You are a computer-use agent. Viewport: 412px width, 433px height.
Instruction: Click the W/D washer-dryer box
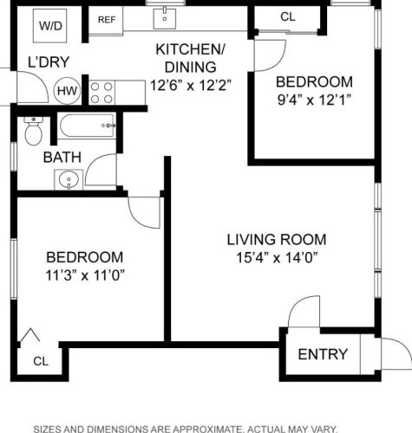pyautogui.click(x=50, y=26)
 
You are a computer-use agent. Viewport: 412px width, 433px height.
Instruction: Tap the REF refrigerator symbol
pyautogui.click(x=106, y=20)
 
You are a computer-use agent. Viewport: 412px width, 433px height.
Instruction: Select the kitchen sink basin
pyautogui.click(x=165, y=18)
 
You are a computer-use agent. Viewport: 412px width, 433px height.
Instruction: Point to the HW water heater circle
pyautogui.click(x=67, y=91)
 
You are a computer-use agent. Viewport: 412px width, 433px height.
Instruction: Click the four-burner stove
pyautogui.click(x=101, y=93)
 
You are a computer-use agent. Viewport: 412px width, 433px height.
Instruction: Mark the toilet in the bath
pyautogui.click(x=34, y=131)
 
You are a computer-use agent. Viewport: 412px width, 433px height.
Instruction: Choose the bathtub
pyautogui.click(x=87, y=126)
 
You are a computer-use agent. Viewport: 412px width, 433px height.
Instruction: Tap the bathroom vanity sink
pyautogui.click(x=69, y=179)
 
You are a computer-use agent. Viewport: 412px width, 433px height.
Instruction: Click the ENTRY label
pyautogui.click(x=323, y=354)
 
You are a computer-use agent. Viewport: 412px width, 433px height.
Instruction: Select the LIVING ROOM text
pyautogui.click(x=277, y=240)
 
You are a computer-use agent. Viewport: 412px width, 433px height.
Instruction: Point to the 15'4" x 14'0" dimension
pyautogui.click(x=277, y=257)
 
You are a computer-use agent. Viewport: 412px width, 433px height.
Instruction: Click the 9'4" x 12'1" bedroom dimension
pyautogui.click(x=314, y=100)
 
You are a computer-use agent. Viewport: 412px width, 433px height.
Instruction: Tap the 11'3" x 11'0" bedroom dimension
pyautogui.click(x=85, y=275)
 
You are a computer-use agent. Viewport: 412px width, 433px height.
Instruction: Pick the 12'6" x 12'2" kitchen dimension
pyautogui.click(x=191, y=85)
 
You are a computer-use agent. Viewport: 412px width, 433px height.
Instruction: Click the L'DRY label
pyautogui.click(x=49, y=62)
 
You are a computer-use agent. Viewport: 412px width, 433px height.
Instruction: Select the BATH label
pyautogui.click(x=62, y=158)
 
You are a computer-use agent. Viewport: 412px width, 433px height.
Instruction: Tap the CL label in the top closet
pyautogui.click(x=288, y=16)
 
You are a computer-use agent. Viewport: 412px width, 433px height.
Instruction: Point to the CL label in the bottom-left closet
pyautogui.click(x=41, y=361)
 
